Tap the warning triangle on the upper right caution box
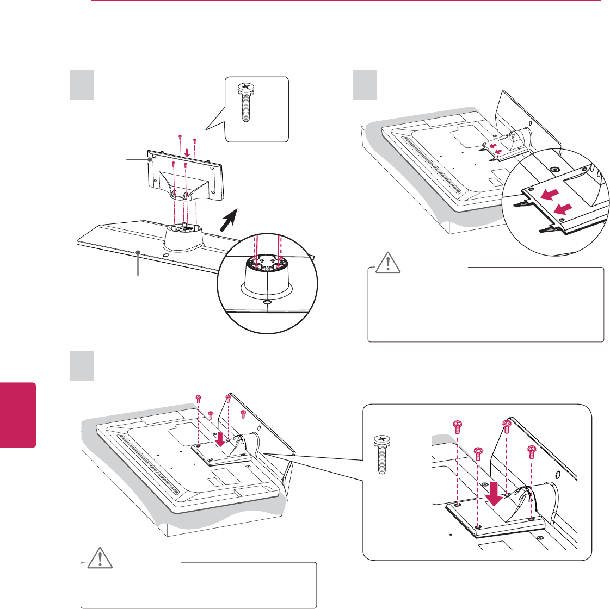386,263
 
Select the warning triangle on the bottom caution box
98,558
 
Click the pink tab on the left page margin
17,414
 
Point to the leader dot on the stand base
139,253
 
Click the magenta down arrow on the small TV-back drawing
220,438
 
